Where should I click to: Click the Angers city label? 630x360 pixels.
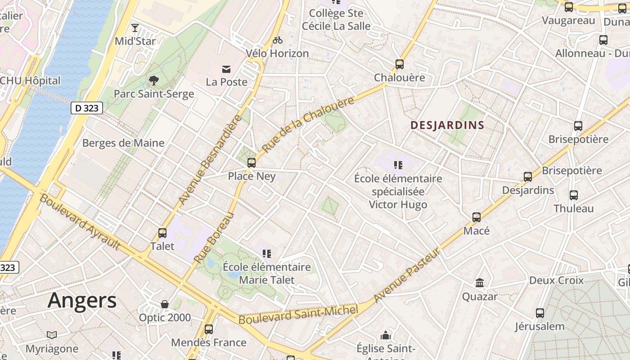82,300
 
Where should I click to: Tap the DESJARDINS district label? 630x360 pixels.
447,125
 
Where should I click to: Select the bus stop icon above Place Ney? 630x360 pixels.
252,162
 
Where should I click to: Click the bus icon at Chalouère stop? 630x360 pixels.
400,64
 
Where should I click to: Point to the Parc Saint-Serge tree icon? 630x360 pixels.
154,81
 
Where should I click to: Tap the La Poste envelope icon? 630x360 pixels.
226,69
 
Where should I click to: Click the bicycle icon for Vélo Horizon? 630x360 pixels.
278,40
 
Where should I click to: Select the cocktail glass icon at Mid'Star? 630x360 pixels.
135,28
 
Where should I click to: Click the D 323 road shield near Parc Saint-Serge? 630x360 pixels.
87,108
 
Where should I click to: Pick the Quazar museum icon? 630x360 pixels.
480,283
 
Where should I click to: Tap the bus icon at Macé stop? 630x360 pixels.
477,217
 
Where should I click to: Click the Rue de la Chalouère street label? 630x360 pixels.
308,125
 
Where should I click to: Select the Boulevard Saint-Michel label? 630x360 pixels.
298,314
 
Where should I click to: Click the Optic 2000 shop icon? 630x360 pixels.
165,304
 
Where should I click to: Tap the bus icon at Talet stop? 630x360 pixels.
162,233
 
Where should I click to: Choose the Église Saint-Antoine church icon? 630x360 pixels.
386,335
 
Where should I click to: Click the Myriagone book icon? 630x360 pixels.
52,335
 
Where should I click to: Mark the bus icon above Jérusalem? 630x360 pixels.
540,313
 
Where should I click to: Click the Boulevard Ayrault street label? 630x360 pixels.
80,222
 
